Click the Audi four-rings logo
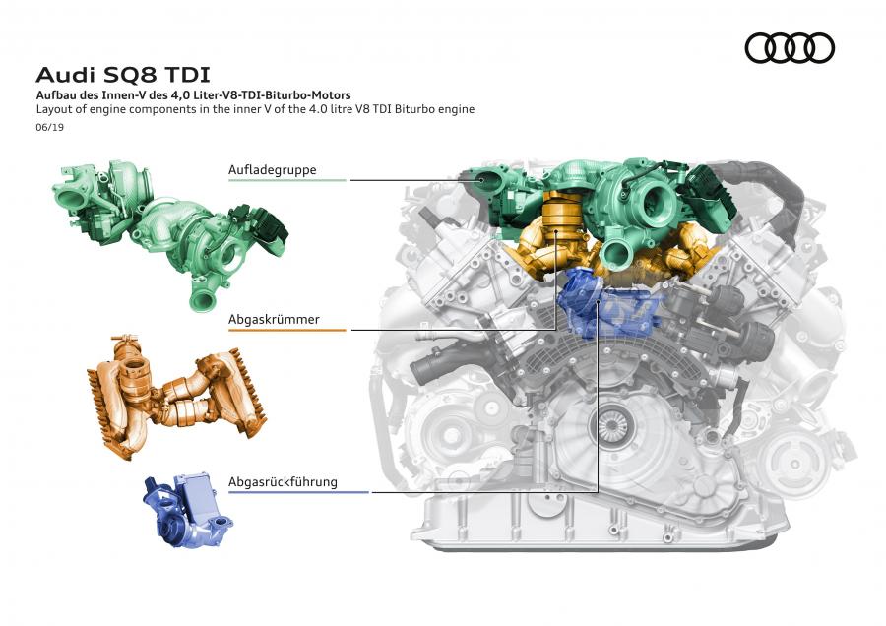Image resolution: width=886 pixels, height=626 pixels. (790, 48)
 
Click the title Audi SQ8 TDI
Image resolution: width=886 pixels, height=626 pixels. (123, 75)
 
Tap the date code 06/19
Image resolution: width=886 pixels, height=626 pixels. (50, 127)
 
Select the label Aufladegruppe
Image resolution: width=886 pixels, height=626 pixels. (273, 170)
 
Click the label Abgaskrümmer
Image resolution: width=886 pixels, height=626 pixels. (274, 319)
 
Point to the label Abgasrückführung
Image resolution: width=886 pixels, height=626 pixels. (283, 482)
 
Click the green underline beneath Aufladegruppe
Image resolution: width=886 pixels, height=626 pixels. (287, 180)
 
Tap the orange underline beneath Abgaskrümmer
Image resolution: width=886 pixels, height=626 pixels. (287, 330)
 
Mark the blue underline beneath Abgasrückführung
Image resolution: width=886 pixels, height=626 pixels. (298, 492)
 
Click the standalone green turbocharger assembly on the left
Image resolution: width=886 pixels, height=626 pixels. (169, 231)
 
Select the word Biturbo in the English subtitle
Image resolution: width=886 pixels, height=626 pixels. (413, 109)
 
